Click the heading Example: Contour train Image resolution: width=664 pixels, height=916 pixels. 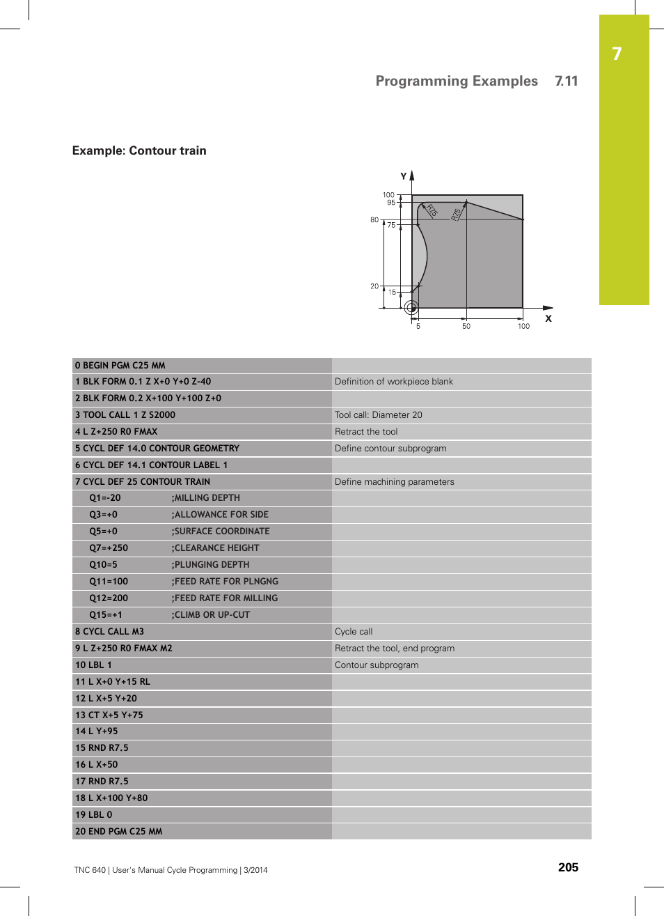click(x=139, y=150)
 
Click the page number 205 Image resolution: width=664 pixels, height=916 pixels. click(x=568, y=867)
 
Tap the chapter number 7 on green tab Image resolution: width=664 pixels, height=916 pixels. click(x=617, y=54)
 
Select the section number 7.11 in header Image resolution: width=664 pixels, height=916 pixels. click(x=566, y=81)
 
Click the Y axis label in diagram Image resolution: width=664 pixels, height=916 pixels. click(x=403, y=176)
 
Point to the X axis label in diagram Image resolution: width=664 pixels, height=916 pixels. click(x=548, y=319)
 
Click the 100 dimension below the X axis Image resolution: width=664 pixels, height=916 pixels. click(x=523, y=326)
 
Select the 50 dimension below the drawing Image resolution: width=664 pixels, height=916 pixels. click(x=466, y=326)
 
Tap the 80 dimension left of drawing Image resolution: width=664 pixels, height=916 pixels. click(x=374, y=220)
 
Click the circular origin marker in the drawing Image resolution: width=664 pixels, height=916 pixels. click(x=411, y=307)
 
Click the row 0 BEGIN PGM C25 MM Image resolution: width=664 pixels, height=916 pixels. click(x=120, y=365)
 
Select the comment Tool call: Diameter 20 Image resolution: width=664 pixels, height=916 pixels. click(x=378, y=414)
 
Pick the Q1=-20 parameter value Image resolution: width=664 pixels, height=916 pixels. click(x=105, y=498)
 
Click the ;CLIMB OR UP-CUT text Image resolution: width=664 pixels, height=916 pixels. click(x=211, y=615)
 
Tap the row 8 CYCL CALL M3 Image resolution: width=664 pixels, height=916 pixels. click(x=109, y=632)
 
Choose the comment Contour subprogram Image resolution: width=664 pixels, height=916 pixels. click(x=377, y=665)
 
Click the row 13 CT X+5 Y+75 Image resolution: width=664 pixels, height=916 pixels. click(x=109, y=715)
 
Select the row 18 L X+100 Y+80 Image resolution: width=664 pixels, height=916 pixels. click(x=111, y=798)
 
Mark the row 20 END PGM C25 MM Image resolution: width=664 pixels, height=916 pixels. click(x=119, y=832)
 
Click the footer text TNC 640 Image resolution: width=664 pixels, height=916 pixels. click(x=90, y=870)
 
